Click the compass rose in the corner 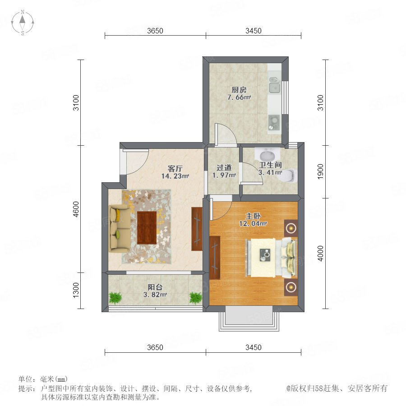pos(23,22)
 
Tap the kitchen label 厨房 pos(239,90)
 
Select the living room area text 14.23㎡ pos(175,176)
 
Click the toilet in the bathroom pos(289,175)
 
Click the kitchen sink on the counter pos(274,85)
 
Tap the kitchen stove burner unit pos(274,122)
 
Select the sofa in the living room pos(120,228)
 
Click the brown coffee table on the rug pos(147,228)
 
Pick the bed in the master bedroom pos(271,258)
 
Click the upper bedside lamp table pos(291,228)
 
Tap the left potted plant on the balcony pos(115,298)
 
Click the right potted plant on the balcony pos(196,298)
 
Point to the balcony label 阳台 pos(155,287)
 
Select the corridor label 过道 pos(224,168)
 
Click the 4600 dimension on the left pos(76,209)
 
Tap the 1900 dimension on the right pos(321,171)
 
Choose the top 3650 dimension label pos(155,31)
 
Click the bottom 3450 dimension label pos(254,347)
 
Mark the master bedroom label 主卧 pos(253,216)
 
